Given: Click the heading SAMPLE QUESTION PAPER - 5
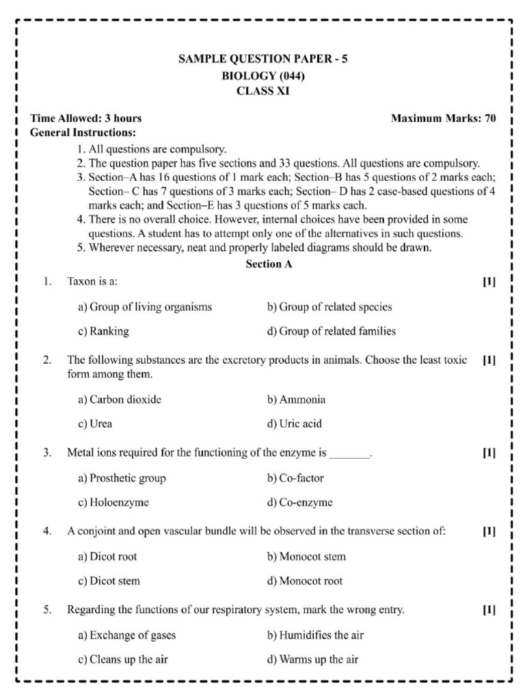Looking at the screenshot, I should coord(263,59).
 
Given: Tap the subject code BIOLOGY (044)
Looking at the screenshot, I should coord(263,76).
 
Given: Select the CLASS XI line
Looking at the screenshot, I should coord(263,91).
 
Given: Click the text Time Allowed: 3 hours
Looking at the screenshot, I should coord(86,118).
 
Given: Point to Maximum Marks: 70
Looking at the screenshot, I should coord(443,118).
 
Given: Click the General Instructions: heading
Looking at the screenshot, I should coord(83,132).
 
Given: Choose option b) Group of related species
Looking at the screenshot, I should coord(329,307).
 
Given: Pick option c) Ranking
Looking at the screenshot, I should coord(103,332).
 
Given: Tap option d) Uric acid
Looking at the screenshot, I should coord(294,424).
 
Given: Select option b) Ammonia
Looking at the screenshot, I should coord(296,399).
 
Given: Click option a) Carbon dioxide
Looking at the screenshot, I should coord(120,399).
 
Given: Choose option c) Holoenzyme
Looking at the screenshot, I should coord(113,502).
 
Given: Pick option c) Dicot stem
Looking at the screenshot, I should coord(109,581).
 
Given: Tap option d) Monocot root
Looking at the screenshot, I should coord(305,581).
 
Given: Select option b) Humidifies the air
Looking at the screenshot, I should coord(315,635).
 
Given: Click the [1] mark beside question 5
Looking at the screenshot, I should coord(489,610).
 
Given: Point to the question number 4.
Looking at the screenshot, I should coord(47,532).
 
